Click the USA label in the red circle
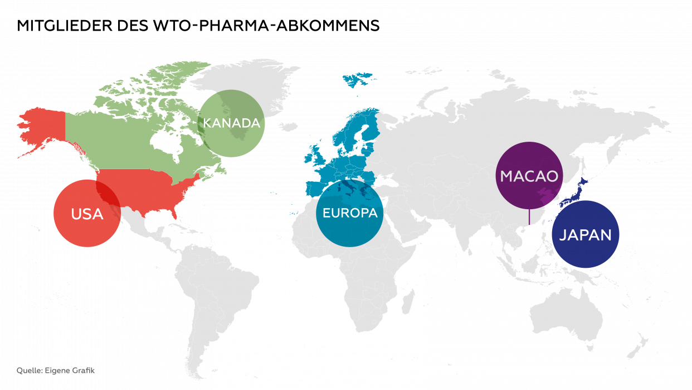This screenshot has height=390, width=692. click(87, 214)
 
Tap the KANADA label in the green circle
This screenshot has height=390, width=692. click(231, 123)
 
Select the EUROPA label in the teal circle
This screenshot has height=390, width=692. click(349, 213)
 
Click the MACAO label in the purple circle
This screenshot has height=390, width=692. click(529, 176)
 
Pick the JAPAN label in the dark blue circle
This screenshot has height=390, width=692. click(585, 235)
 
